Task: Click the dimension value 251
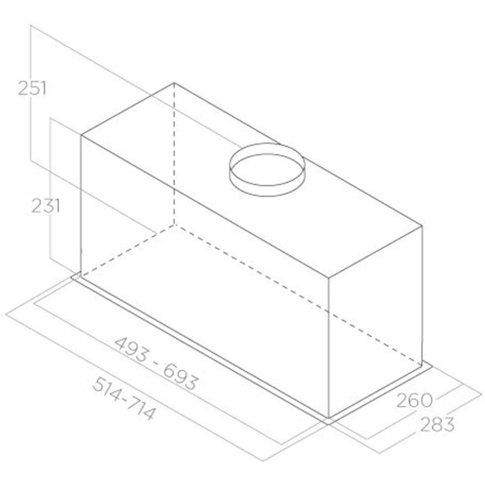[x=32, y=88]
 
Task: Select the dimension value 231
[x=45, y=206]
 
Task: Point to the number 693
[x=179, y=377]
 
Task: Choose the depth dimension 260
[x=415, y=400]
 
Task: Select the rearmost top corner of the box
[x=175, y=83]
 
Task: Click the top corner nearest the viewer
[x=328, y=278]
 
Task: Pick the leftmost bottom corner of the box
[x=81, y=274]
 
